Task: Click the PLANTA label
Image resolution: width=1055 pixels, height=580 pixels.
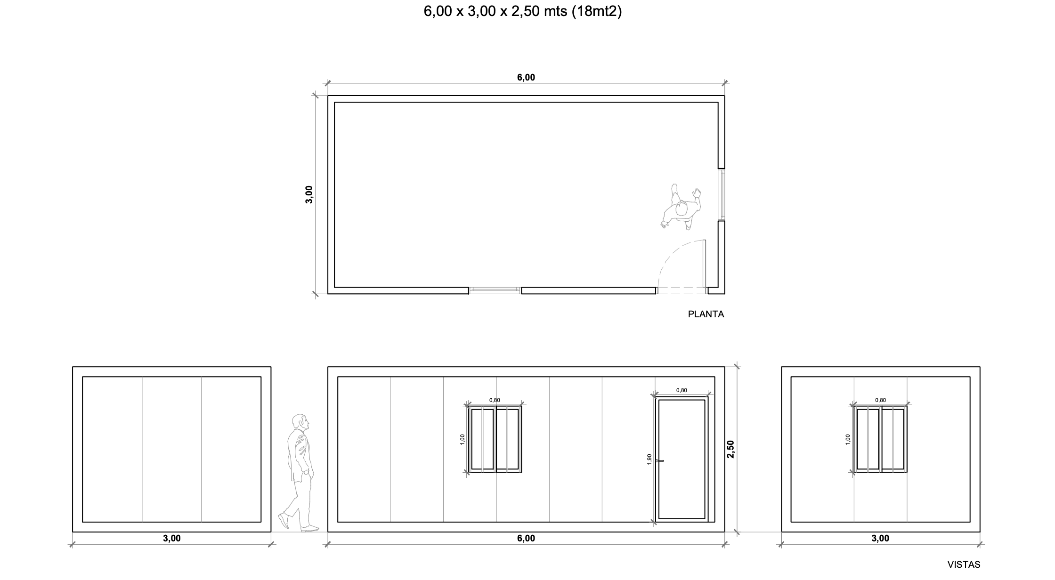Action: coord(706,314)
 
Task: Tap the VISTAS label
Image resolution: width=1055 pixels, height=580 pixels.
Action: coord(964,564)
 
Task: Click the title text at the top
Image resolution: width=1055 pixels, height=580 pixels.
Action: coord(523,11)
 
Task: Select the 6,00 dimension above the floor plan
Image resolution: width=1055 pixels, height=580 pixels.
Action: coord(526,77)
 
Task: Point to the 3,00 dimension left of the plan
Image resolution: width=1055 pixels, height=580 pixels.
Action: coord(309,194)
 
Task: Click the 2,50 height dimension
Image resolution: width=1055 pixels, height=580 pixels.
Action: coord(730,449)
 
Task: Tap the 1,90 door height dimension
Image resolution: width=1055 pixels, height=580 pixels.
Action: coord(649,459)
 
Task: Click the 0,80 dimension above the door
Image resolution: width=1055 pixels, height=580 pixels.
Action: coord(682,390)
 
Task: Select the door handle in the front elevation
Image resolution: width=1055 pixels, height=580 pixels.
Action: coord(660,461)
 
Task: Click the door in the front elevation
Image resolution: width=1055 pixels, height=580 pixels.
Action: coord(682,459)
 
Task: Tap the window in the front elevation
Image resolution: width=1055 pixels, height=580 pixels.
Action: coord(495,439)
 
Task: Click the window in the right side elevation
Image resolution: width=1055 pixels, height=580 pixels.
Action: coord(880,439)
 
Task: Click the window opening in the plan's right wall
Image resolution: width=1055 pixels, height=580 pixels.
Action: coord(722,194)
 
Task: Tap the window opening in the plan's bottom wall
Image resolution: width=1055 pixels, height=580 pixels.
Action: coord(495,290)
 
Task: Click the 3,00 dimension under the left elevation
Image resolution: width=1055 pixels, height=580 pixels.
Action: coord(172,539)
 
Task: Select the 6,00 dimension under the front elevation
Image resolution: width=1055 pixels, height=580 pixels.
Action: coord(526,539)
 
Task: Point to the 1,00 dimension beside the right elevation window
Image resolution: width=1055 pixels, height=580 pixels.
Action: coord(848,439)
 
